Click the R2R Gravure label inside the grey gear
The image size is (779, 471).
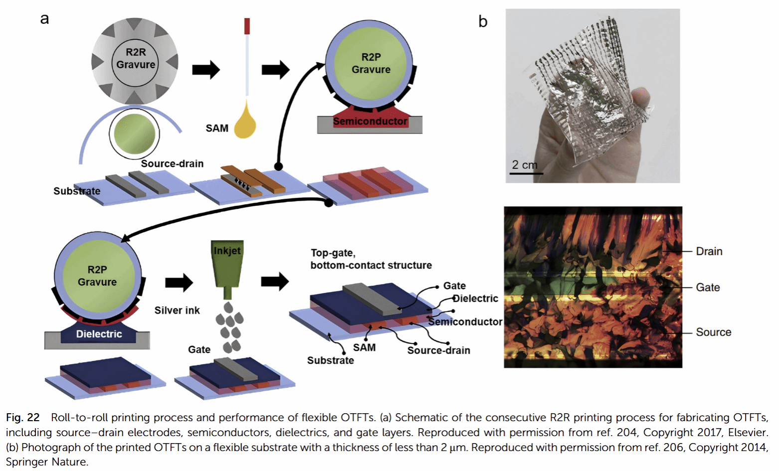(136, 58)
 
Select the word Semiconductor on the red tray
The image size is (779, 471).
(370, 121)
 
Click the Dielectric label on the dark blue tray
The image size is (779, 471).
(99, 334)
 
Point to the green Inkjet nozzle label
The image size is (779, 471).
(227, 251)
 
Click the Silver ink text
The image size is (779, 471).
(177, 311)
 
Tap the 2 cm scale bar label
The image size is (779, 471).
(525, 165)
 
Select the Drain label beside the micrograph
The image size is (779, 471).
(709, 251)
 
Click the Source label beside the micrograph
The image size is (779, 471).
(713, 332)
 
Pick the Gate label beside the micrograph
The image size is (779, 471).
(708, 287)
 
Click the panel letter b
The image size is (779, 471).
(482, 21)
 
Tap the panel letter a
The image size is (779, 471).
(44, 19)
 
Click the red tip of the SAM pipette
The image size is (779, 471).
(247, 26)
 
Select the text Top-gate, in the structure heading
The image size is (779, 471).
(333, 253)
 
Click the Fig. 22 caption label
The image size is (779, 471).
(22, 418)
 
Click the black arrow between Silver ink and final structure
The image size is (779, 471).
(275, 282)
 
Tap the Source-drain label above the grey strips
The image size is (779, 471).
(172, 163)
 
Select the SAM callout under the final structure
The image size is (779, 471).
(364, 347)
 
